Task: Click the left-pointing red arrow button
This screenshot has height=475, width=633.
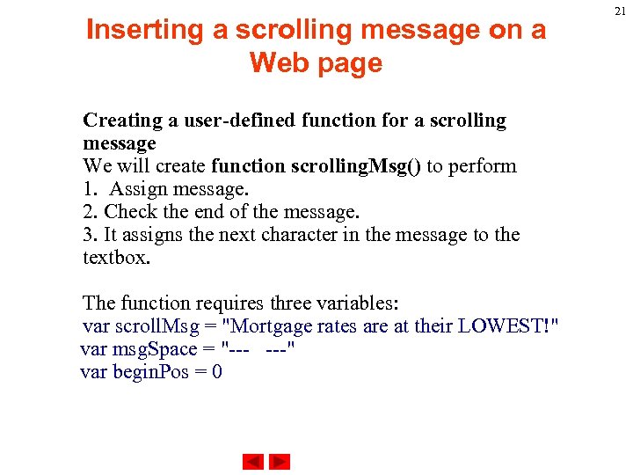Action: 253,462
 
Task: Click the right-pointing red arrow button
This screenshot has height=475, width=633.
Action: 280,462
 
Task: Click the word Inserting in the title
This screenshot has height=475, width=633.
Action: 144,30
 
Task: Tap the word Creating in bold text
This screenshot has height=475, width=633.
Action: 119,121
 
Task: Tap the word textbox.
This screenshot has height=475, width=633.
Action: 116,258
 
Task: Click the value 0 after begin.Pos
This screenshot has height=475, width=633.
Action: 216,372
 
